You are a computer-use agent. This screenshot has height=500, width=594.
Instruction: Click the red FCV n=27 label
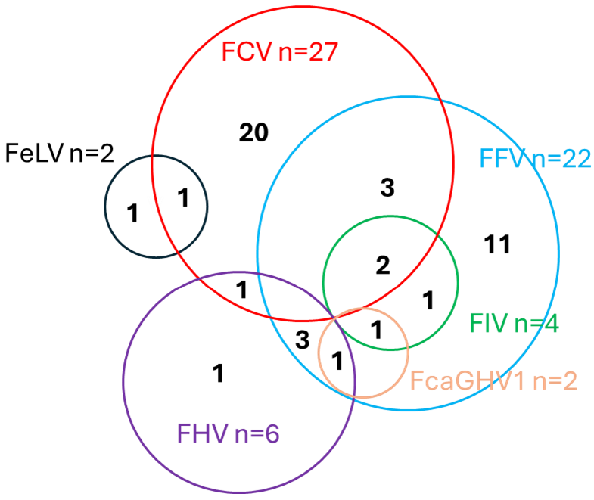pos(278,53)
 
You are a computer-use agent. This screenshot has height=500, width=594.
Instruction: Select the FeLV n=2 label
pos(59,153)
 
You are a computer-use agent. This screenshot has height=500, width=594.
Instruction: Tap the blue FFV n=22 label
pos(535,159)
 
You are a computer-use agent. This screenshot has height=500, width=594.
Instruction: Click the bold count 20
pos(253,133)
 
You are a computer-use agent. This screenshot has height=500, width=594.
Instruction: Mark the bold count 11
pos(497,244)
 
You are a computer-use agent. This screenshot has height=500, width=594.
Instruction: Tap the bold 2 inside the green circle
pos(383,265)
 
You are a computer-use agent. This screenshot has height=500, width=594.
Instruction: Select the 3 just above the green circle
pos(387,188)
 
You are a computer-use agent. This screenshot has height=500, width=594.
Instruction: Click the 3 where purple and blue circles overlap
pos(302,340)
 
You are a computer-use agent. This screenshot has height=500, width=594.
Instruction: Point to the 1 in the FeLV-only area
pos(132,214)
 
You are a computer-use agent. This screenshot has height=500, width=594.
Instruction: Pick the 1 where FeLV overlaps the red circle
pos(182,199)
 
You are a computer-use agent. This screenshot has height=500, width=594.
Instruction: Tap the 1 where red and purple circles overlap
pos(241,290)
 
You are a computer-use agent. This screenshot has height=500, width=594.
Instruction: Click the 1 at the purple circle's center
pos(219,374)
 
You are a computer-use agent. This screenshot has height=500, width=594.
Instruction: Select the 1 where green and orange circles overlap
pos(376,329)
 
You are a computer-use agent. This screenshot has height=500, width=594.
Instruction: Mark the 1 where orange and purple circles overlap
pos(337,361)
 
